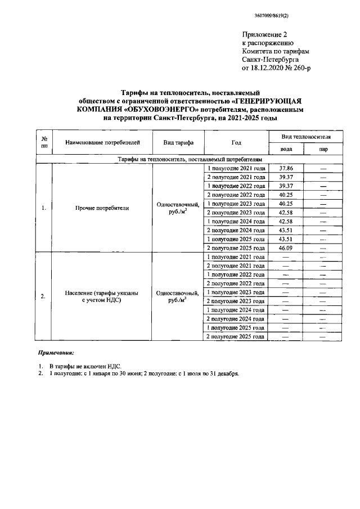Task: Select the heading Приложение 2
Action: (x=264, y=34)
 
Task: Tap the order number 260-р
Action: (x=300, y=67)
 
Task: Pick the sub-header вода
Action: (x=285, y=150)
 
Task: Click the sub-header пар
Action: (x=323, y=150)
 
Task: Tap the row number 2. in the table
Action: (x=43, y=296)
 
